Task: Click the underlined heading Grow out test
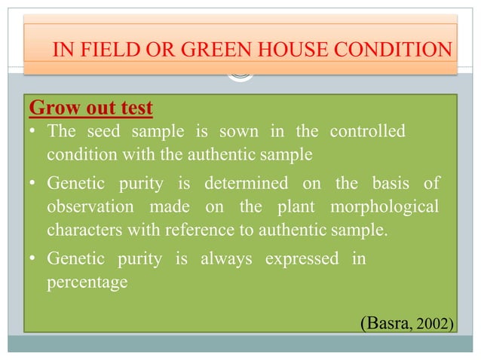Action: point(90,108)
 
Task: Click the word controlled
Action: point(367,132)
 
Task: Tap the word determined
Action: point(252,183)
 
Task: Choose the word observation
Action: point(89,206)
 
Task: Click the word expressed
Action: point(300,258)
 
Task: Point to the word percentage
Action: point(87,282)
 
